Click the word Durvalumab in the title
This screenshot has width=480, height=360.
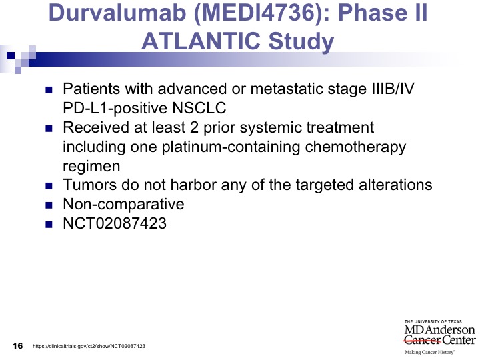(117, 13)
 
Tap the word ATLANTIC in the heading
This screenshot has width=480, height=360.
(201, 41)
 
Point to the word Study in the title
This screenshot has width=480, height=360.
(301, 42)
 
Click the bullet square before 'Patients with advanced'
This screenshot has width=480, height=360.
(49, 90)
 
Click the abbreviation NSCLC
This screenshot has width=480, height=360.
(199, 108)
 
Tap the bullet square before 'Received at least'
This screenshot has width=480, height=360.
(49, 129)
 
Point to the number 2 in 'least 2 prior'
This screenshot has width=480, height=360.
(194, 127)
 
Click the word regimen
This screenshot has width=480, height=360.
(91, 167)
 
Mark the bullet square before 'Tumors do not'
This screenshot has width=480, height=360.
(49, 186)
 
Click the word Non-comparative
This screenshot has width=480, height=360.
(123, 204)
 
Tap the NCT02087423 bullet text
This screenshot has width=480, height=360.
(115, 223)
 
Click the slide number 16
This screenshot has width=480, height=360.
(17, 346)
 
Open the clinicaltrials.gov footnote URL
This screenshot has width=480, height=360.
(89, 346)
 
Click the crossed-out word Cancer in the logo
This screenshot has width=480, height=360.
(422, 340)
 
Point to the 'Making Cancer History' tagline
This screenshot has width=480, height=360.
(429, 353)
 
